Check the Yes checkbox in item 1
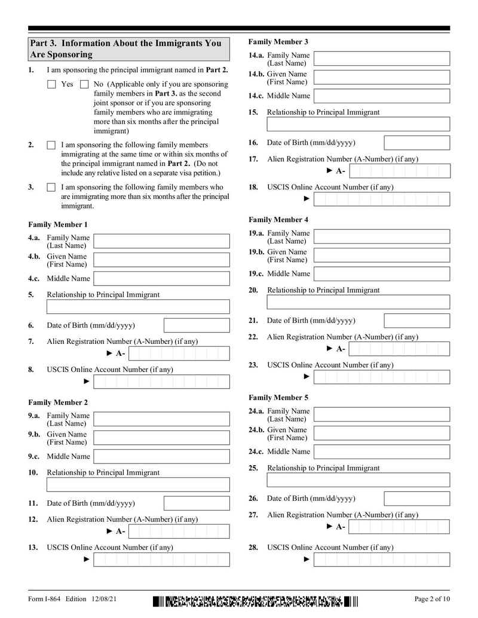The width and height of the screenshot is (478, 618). pyautogui.click(x=51, y=85)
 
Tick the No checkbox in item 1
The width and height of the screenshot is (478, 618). pyautogui.click(x=84, y=85)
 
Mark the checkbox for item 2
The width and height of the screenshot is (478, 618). pyautogui.click(x=51, y=145)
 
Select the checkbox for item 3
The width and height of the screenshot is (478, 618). pyautogui.click(x=51, y=187)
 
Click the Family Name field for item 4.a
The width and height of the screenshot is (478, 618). pyautogui.click(x=161, y=241)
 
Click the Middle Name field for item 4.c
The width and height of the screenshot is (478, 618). pyautogui.click(x=161, y=279)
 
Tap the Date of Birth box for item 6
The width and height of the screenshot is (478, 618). pyautogui.click(x=196, y=325)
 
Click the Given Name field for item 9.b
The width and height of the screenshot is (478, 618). pyautogui.click(x=161, y=438)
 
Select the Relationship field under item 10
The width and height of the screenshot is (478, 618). pyautogui.click(x=138, y=485)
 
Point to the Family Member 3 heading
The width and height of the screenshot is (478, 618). pyautogui.click(x=278, y=42)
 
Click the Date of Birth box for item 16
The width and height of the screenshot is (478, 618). pyautogui.click(x=416, y=143)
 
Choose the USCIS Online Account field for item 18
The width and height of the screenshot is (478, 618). pyautogui.click(x=382, y=199)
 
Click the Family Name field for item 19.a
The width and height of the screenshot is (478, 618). pyautogui.click(x=382, y=236)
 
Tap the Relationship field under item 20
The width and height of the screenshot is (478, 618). pyautogui.click(x=358, y=302)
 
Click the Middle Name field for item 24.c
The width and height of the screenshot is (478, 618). pyautogui.click(x=382, y=452)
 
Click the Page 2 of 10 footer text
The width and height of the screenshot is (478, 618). pyautogui.click(x=432, y=599)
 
